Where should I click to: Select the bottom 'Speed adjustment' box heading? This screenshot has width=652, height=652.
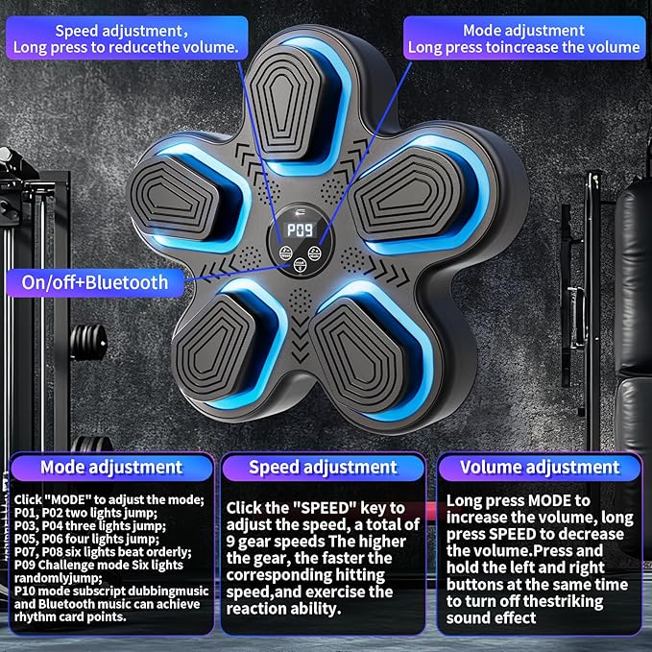(323, 468)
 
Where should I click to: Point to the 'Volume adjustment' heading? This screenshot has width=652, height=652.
(540, 468)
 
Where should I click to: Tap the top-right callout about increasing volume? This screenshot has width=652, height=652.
(522, 39)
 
